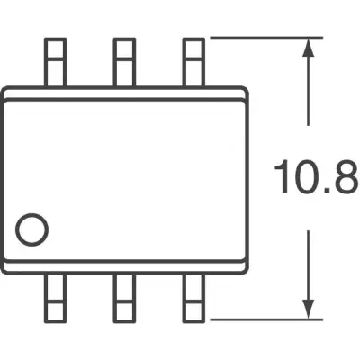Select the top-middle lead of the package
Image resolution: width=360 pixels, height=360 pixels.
[x=124, y=62]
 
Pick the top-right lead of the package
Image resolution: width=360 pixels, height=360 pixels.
[x=193, y=62]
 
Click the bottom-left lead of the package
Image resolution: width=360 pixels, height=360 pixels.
[x=55, y=299]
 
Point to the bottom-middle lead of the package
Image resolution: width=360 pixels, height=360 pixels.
[x=124, y=299]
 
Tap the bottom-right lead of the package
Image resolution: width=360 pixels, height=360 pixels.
[x=193, y=299]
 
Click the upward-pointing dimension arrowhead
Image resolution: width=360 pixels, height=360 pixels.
[x=308, y=48]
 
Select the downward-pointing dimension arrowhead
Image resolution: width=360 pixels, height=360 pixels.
[x=308, y=309]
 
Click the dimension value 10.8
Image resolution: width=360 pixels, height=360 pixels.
[x=317, y=177]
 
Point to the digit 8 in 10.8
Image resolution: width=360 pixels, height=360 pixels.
[x=346, y=177]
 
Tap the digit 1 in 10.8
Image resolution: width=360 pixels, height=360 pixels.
[x=283, y=177]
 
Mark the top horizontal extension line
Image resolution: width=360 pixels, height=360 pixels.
[x=266, y=38]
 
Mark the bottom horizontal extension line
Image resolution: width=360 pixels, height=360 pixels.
[x=266, y=319]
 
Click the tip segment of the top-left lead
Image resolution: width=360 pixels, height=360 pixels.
[x=55, y=49]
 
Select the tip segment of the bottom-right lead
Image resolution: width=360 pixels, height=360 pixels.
[x=193, y=312]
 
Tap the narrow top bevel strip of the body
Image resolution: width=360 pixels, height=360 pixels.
[x=126, y=94]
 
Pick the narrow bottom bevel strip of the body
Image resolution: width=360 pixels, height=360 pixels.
[x=126, y=267]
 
